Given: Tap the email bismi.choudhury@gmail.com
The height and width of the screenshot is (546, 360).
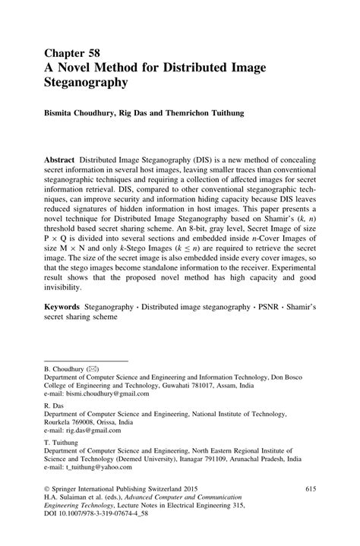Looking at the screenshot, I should (106, 395).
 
